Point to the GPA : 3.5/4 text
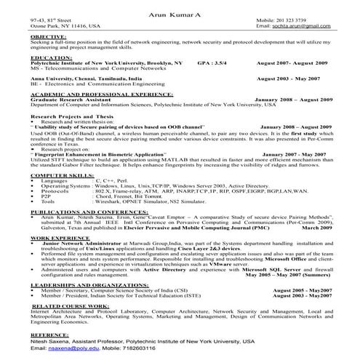click(x=212, y=63)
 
